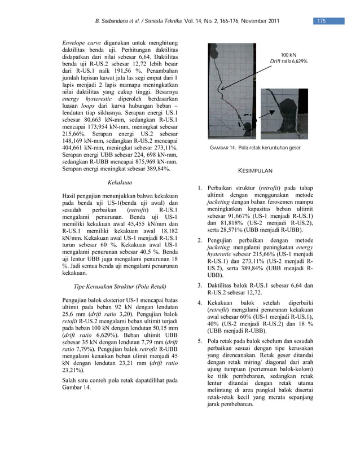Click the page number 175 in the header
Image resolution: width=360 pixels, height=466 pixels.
[321, 21]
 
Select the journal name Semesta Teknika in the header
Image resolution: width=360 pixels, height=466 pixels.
[165, 21]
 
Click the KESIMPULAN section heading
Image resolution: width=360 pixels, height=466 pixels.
[256, 170]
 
